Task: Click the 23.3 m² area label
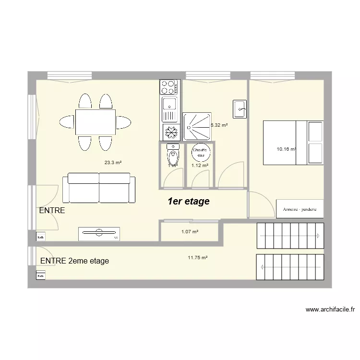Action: click(113, 162)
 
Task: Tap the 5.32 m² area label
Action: click(219, 125)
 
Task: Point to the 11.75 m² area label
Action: click(197, 258)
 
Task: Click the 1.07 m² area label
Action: click(190, 232)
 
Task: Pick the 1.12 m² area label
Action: click(200, 166)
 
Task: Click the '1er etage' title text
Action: click(188, 201)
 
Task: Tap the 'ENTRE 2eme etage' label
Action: click(74, 261)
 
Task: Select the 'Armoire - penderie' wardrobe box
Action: click(300, 209)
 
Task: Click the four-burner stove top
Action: click(169, 87)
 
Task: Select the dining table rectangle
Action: click(95, 122)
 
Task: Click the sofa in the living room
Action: click(99, 188)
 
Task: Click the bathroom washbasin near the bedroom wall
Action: click(240, 109)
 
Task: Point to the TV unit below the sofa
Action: click(99, 234)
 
